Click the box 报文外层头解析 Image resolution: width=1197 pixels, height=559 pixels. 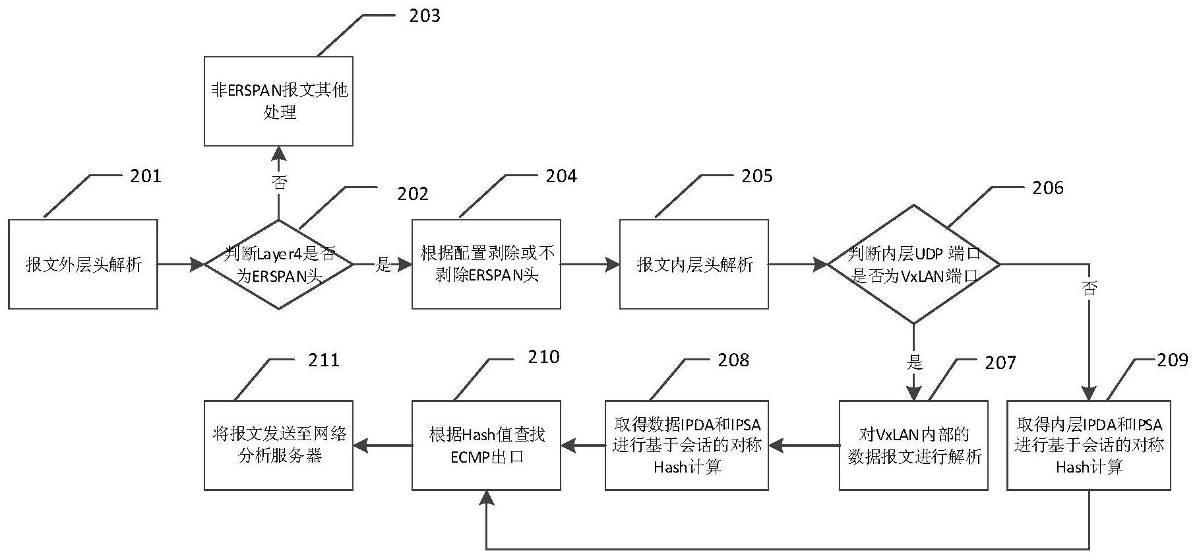point(82,264)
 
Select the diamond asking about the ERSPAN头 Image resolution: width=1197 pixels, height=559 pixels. point(279,265)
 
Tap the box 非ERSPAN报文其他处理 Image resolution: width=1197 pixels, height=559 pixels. point(278,101)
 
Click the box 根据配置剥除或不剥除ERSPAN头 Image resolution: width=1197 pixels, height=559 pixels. point(486,264)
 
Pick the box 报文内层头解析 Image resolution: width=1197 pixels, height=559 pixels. point(694,264)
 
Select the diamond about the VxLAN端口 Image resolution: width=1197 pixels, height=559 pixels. point(913,264)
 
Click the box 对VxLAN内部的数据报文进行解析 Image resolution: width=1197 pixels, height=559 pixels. point(913,445)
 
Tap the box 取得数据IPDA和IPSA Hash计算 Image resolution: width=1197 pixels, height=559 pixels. point(687,445)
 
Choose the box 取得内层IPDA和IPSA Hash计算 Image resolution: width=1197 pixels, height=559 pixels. point(1088,445)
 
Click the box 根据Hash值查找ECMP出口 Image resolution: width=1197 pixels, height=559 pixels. point(486,445)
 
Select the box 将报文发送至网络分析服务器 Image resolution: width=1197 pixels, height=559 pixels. point(278,445)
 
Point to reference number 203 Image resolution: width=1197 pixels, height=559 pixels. point(424,16)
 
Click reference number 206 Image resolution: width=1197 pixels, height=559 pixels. point(1048,188)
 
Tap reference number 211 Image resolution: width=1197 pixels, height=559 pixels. point(324,360)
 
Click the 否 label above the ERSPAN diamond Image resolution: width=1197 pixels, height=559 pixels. point(280,183)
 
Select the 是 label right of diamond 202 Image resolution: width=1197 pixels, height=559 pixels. point(383,265)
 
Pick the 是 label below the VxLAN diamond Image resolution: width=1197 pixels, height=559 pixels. point(915,362)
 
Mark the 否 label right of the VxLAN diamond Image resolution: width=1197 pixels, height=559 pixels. point(1090,288)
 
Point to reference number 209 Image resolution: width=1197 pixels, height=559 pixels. point(1172,360)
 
